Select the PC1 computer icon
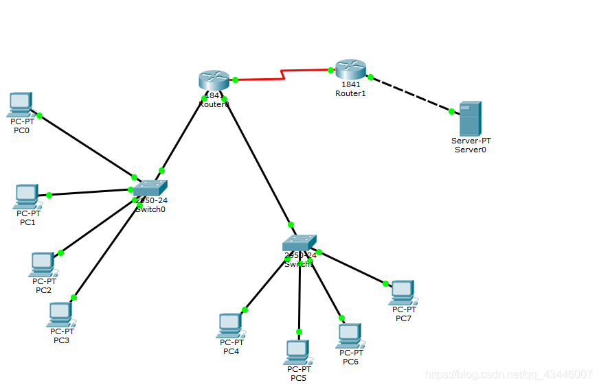coord(26,196)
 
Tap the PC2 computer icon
coord(42,263)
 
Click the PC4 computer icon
coord(229,325)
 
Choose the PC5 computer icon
coord(297,352)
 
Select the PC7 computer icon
coord(403,292)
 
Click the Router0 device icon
coord(214,80)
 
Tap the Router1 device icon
coord(350,69)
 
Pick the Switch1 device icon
coord(299,242)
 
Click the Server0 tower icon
coord(471,118)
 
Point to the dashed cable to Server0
coord(411,94)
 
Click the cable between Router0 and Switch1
coord(258,163)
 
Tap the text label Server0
coord(471,149)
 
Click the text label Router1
coord(350,93)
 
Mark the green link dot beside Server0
coord(452,110)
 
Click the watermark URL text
coord(508,375)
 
